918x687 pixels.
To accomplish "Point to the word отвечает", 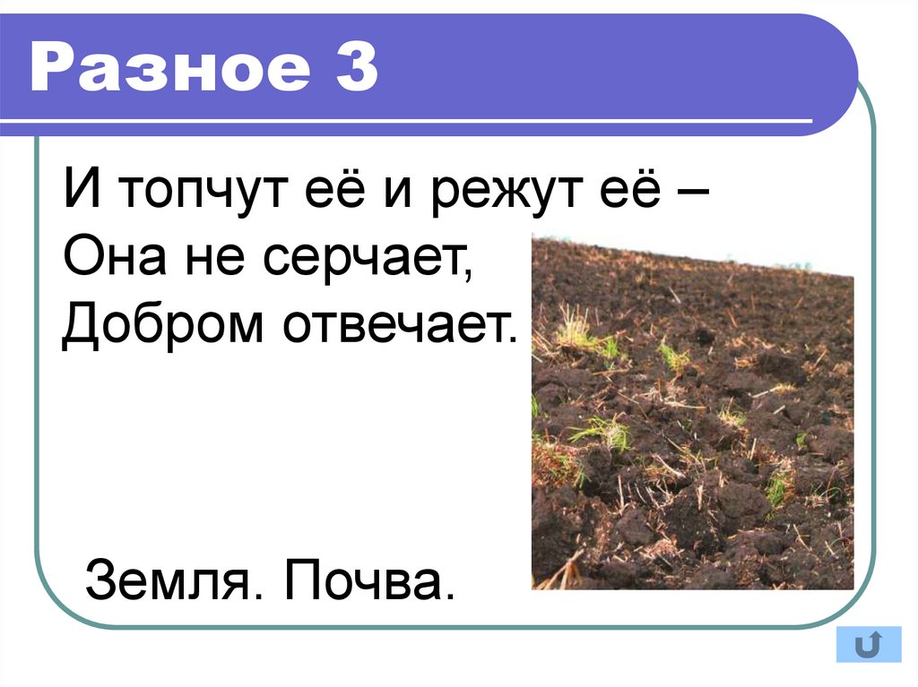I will (x=400, y=327).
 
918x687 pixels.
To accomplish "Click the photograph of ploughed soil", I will (x=692, y=421).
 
